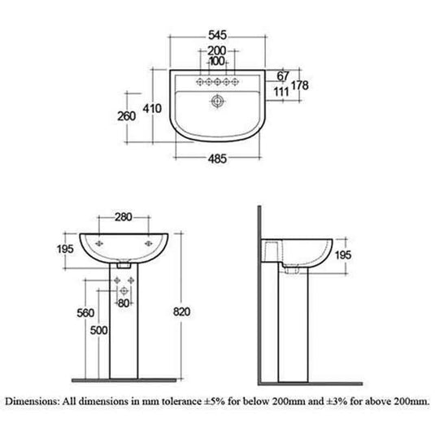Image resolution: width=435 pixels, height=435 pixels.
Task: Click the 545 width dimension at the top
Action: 216,36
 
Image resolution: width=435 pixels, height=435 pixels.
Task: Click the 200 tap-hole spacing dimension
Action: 216,51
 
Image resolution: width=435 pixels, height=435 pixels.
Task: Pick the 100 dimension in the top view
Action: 216,63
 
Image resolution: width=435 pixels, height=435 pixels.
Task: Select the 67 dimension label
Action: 282,76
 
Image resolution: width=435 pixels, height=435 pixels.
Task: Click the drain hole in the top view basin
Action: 216,102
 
